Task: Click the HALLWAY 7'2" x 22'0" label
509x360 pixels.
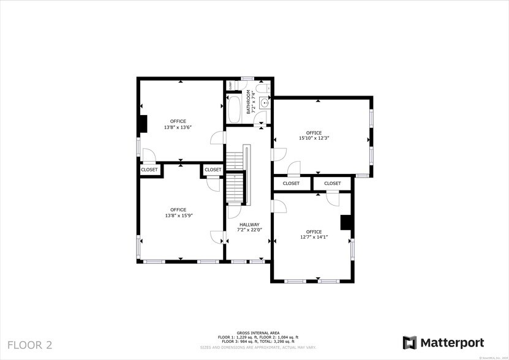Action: point(250,227)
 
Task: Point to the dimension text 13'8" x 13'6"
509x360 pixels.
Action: point(178,127)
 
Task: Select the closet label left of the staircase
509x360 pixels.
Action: point(213,170)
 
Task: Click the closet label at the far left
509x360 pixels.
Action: point(149,170)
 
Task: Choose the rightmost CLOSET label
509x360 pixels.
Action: point(333,183)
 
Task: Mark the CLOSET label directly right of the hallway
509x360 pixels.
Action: point(291,183)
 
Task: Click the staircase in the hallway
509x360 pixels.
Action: point(236,174)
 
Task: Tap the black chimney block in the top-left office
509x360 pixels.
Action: point(142,124)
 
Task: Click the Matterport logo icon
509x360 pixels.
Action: point(410,343)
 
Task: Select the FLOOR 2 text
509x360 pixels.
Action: point(30,345)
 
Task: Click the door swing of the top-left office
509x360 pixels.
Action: point(218,137)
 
